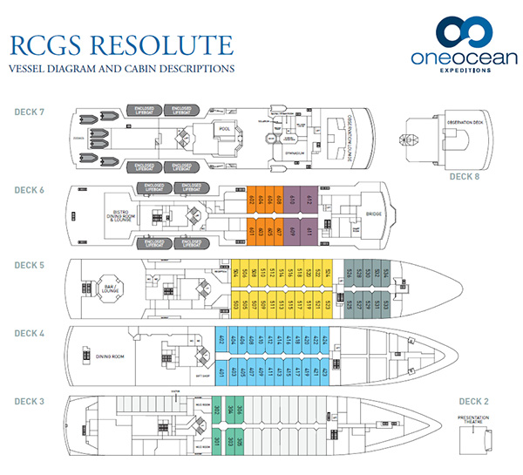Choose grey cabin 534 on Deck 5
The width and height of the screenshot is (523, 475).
[x=386, y=272]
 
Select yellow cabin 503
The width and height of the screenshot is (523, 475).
[x=236, y=304]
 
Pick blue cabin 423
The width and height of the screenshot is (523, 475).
[x=325, y=375]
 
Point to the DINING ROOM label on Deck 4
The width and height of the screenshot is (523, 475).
[x=112, y=356]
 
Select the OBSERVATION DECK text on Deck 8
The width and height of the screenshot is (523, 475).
[x=462, y=123]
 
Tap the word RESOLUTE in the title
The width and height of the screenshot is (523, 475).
[x=165, y=45]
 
